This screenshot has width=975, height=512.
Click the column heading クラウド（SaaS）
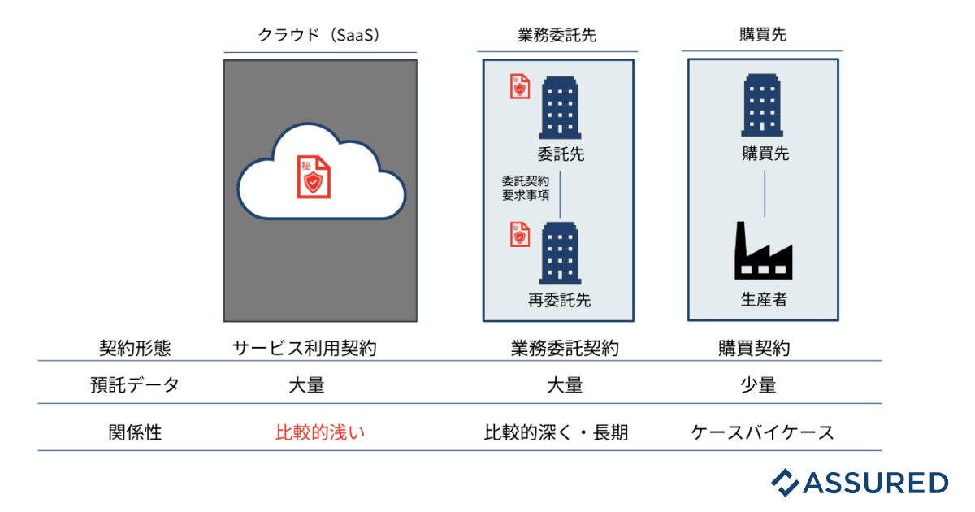pos(319,35)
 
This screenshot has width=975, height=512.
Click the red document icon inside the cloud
pos(313,176)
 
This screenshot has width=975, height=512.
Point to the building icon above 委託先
pos(561,107)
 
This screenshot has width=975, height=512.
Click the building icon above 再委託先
pos(561,254)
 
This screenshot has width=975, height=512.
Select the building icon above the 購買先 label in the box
pos(763,106)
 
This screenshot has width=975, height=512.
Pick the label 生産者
pos(764,299)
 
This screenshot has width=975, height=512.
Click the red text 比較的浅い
pos(320,432)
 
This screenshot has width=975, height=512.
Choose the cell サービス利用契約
pos(305,349)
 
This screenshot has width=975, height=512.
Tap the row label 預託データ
pos(135,385)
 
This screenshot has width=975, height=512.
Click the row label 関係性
pos(135,432)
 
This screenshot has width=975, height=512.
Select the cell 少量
pos(758,385)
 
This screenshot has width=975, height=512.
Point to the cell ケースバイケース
pos(762,432)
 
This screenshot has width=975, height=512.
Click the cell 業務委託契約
pos(565,349)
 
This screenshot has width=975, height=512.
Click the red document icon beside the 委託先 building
pos(519,86)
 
